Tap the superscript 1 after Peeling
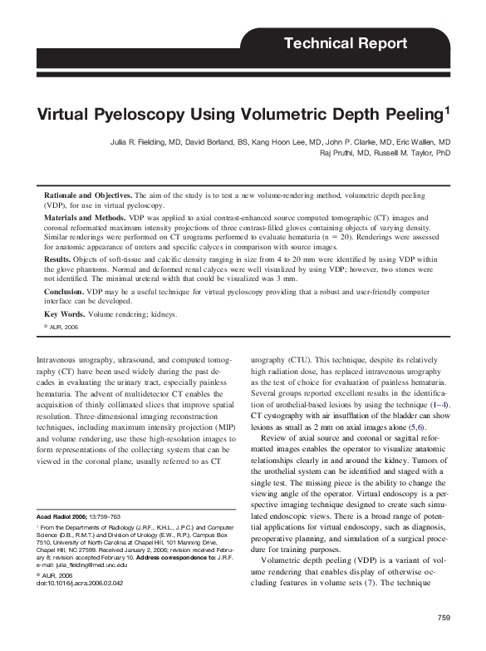pyautogui.click(x=447, y=108)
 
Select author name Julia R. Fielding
pyautogui.click(x=146, y=143)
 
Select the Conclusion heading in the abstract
pyautogui.click(x=64, y=292)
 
